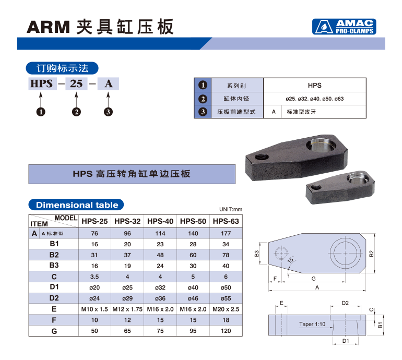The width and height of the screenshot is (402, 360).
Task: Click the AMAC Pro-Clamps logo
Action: (x=344, y=27)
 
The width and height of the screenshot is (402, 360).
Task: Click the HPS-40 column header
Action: (x=160, y=221)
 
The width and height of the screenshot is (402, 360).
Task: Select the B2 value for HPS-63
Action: (x=226, y=255)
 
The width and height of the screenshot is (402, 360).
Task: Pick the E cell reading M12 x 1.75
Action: (x=127, y=309)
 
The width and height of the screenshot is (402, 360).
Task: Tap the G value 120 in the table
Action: (x=226, y=331)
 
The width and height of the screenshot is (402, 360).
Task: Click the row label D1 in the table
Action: (x=54, y=287)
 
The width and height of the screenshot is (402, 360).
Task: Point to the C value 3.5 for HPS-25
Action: (x=94, y=277)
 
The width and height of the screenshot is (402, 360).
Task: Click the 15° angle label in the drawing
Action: (x=291, y=259)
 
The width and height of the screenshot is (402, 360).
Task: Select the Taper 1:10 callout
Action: (x=312, y=324)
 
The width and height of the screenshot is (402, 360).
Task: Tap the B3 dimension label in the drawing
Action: (x=257, y=254)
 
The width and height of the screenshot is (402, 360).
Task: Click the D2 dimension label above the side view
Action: (x=345, y=303)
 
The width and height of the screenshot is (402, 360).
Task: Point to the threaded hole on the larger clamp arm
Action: (x=262, y=157)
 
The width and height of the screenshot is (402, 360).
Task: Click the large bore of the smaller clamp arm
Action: (x=358, y=177)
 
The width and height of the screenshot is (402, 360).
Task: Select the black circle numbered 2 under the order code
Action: (x=76, y=112)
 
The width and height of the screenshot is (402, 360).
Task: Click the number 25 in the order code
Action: (x=76, y=84)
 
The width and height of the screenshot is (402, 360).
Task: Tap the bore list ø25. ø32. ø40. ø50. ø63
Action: (x=315, y=99)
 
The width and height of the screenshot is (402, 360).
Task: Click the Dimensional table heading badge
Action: (x=76, y=205)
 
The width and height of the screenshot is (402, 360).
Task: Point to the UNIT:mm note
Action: (x=230, y=209)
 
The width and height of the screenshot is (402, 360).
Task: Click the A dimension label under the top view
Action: (x=317, y=287)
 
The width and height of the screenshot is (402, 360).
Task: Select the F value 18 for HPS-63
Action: (x=226, y=320)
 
